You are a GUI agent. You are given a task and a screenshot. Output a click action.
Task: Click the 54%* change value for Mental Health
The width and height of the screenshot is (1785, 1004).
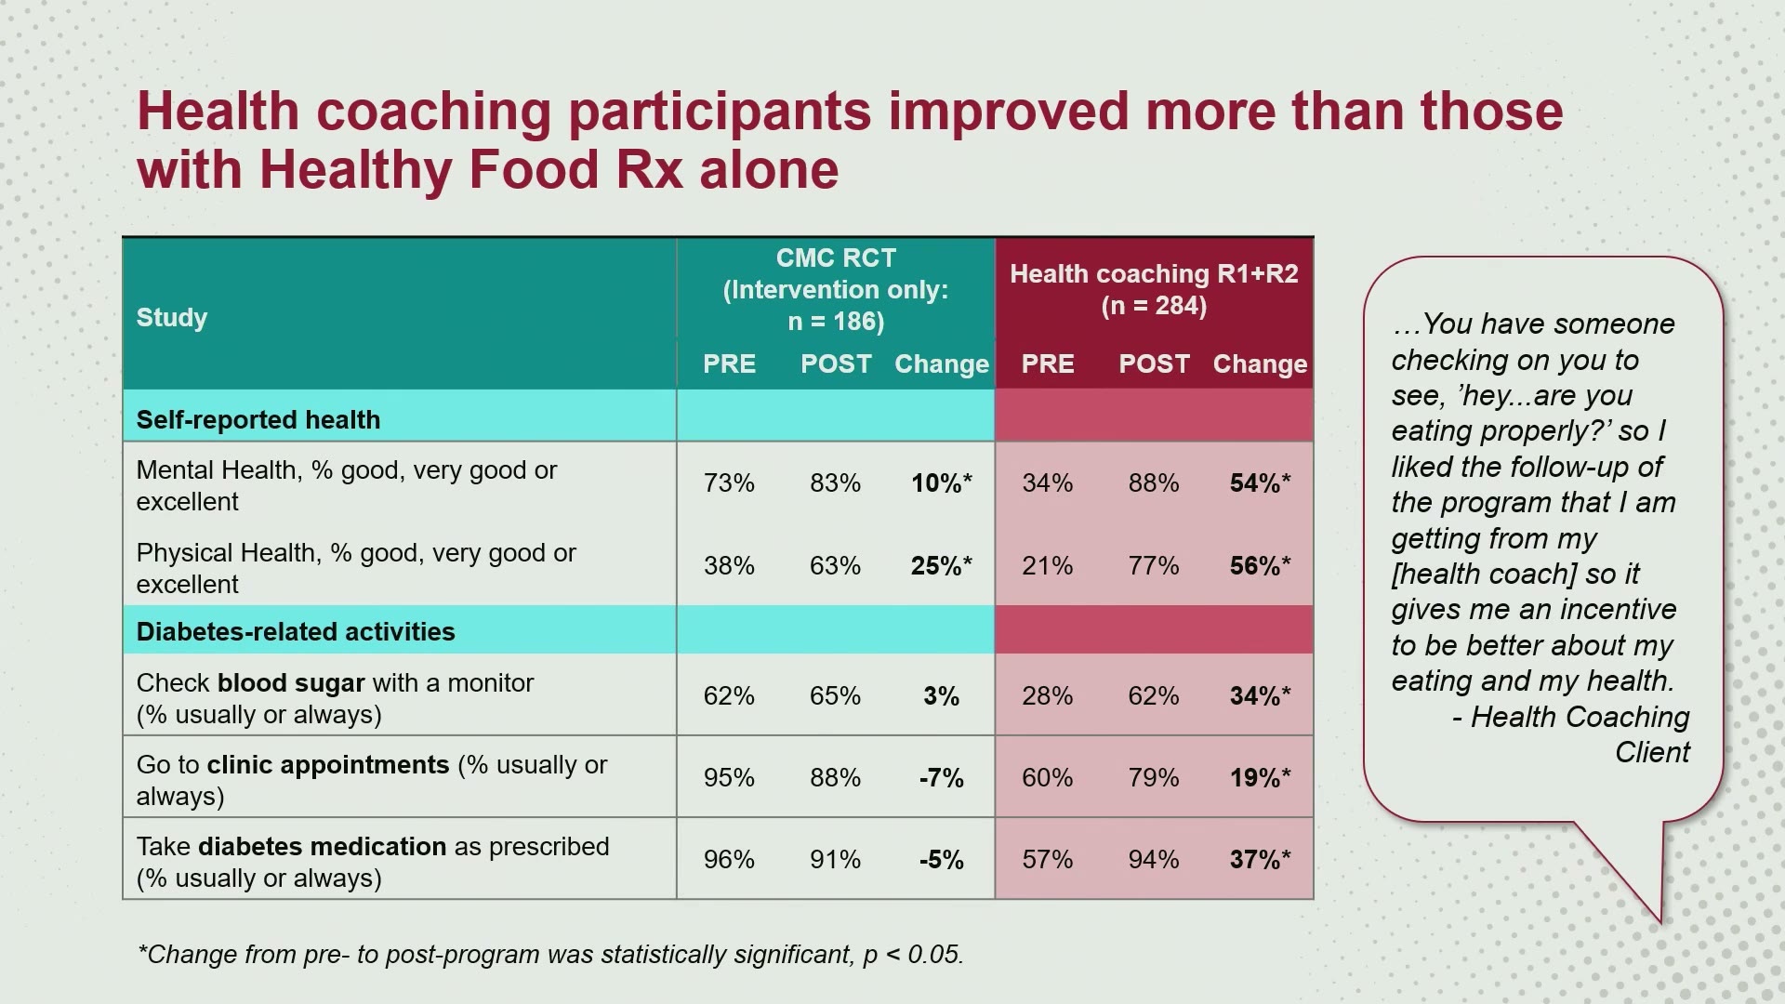(x=1260, y=483)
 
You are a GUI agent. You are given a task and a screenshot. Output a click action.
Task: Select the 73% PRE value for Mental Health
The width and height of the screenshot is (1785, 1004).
(x=729, y=483)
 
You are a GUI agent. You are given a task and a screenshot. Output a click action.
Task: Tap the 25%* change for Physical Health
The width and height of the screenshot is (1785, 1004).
(x=942, y=566)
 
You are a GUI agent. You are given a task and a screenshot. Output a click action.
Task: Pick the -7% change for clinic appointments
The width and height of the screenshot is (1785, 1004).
(x=942, y=778)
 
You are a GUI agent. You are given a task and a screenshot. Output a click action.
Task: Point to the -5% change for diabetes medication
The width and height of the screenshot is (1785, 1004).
(x=942, y=860)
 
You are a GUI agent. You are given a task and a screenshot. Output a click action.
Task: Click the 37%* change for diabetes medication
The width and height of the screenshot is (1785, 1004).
(x=1260, y=860)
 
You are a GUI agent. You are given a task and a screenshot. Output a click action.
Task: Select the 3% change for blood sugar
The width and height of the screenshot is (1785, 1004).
(x=942, y=696)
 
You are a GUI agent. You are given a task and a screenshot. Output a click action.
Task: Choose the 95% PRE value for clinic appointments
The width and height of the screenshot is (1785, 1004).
(x=729, y=778)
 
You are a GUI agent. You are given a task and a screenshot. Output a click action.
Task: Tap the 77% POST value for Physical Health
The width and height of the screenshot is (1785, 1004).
(x=1154, y=566)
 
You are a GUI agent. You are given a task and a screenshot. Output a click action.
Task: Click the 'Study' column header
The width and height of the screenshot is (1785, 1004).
(x=172, y=318)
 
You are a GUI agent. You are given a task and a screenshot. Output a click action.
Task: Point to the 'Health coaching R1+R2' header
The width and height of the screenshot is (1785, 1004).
(x=1154, y=274)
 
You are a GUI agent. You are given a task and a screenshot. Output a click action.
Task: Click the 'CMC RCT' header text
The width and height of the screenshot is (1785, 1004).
(x=836, y=258)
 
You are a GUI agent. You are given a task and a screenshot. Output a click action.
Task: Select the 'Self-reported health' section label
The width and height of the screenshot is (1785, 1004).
(x=258, y=420)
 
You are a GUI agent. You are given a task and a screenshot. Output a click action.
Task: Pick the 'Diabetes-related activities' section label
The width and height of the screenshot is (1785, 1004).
(x=296, y=632)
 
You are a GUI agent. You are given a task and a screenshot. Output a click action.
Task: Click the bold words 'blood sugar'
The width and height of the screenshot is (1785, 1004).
(x=291, y=683)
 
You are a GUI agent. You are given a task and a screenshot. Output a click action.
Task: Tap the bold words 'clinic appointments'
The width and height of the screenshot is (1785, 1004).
(x=328, y=765)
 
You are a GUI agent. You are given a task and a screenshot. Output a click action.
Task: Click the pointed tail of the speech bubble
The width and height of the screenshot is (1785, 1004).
(x=1659, y=921)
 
